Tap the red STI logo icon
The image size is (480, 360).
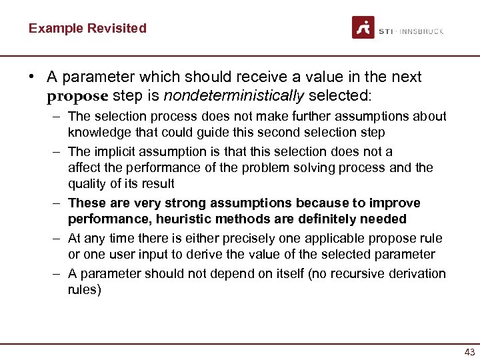(x=363, y=28)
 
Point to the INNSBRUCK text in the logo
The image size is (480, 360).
(x=422, y=31)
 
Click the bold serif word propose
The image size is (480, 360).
(x=77, y=95)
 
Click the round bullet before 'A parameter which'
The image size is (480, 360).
(x=31, y=77)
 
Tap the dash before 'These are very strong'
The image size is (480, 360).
(x=59, y=203)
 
